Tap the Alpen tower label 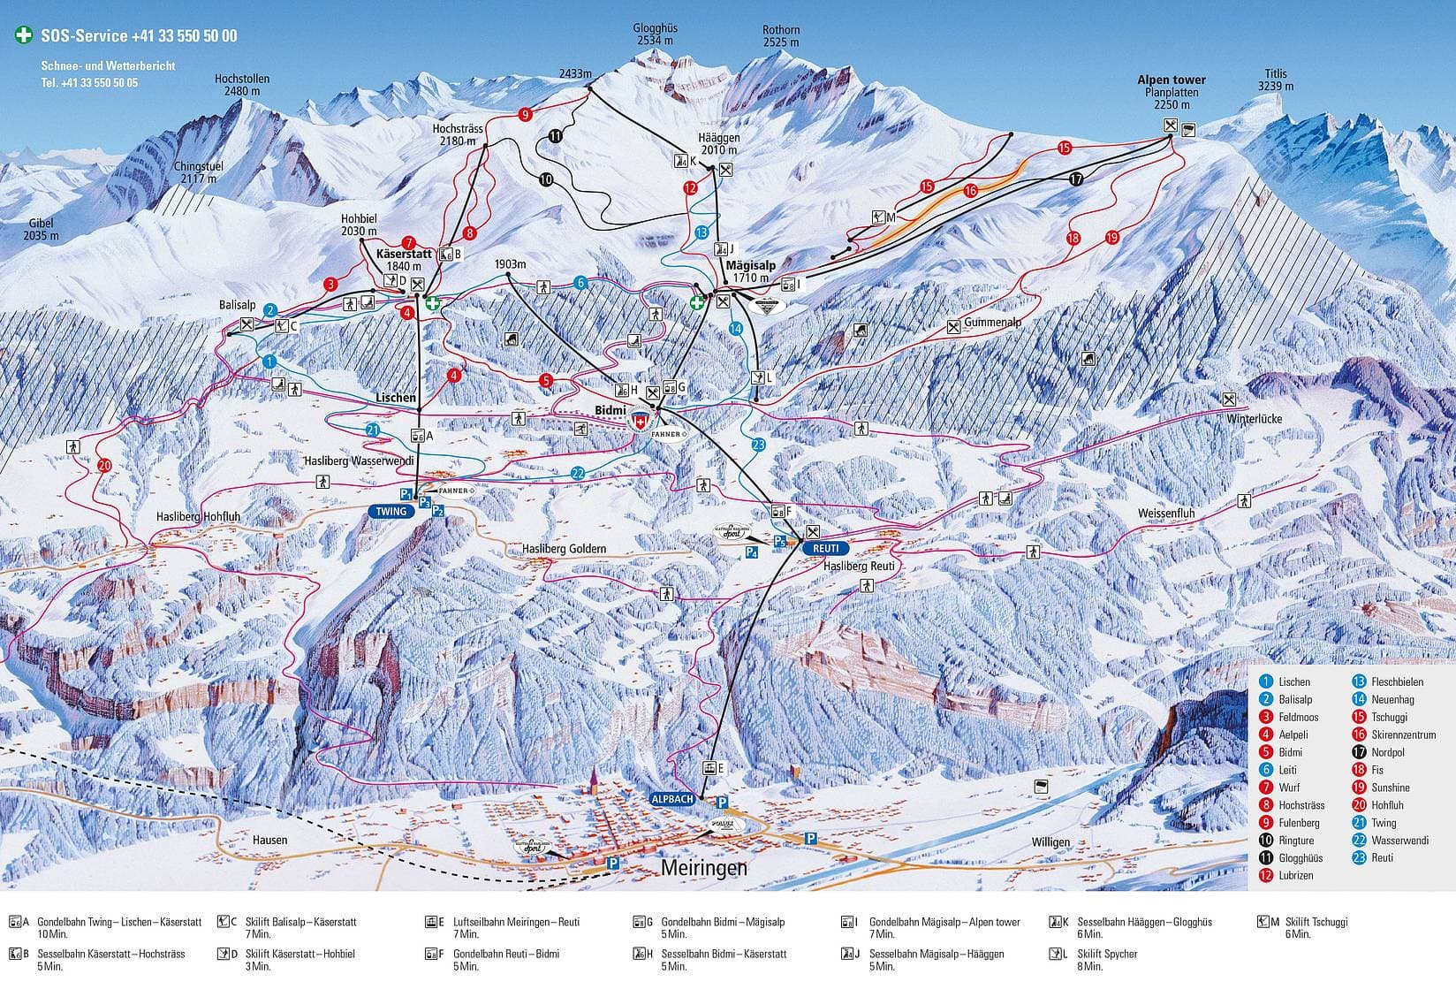click(x=1171, y=80)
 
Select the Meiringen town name click(x=703, y=868)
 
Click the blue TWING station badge click(x=391, y=511)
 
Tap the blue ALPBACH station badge click(x=672, y=798)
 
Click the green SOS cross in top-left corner click(x=24, y=36)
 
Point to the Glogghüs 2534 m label click(x=655, y=34)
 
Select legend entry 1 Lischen click(x=1294, y=681)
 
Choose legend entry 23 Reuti click(x=1382, y=857)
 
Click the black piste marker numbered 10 click(x=545, y=179)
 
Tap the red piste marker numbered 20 click(x=105, y=465)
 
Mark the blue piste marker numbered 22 click(x=578, y=472)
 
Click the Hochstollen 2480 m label click(x=241, y=85)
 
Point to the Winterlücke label click(x=1254, y=418)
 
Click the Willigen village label click(x=1050, y=842)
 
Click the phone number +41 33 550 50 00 click(x=184, y=36)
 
